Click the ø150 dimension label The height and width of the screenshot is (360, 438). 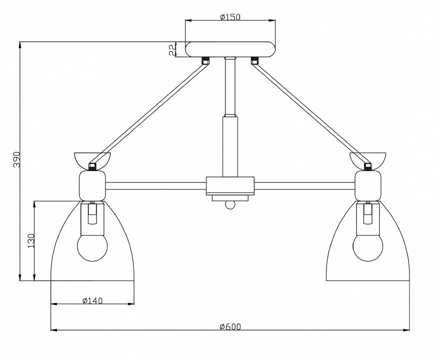(x=230, y=17)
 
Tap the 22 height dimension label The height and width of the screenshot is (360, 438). (x=172, y=49)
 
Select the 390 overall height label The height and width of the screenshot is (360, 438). (x=17, y=159)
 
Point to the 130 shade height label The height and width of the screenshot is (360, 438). (x=31, y=240)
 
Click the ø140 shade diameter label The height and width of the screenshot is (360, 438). (x=92, y=300)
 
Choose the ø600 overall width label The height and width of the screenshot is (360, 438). (x=230, y=326)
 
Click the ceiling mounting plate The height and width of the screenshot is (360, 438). (x=230, y=49)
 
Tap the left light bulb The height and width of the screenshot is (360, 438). (x=92, y=247)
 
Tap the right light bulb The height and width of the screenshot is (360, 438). (x=368, y=247)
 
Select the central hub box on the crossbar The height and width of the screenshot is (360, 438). (x=230, y=185)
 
